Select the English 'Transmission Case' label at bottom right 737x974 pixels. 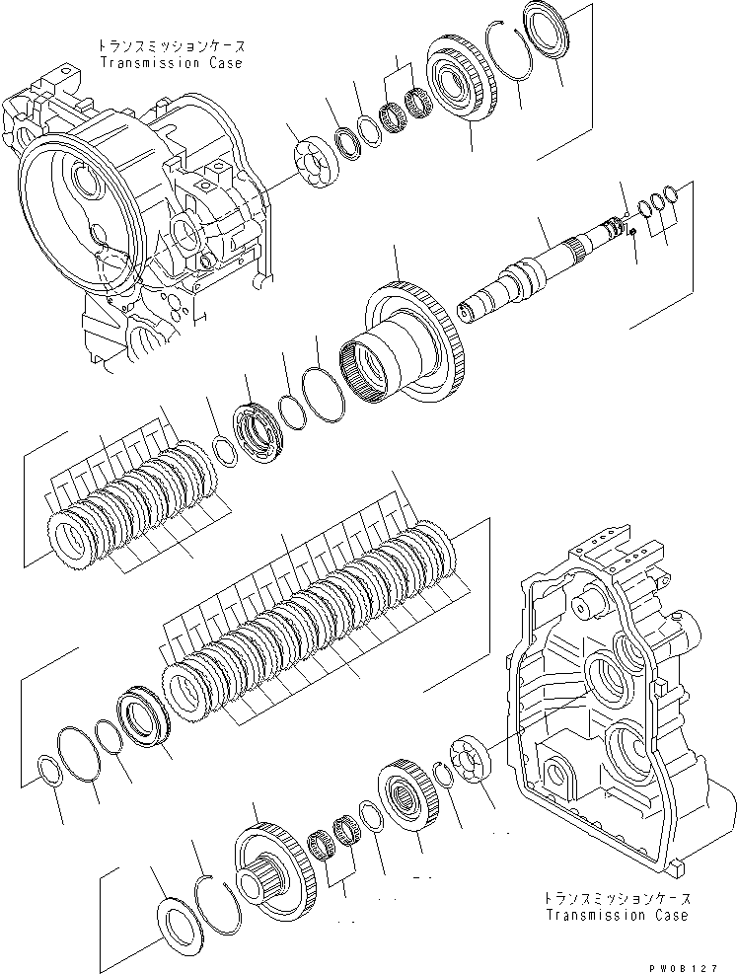point(617,915)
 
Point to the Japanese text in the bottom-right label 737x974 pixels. point(617,899)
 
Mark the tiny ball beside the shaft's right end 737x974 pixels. point(631,233)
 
